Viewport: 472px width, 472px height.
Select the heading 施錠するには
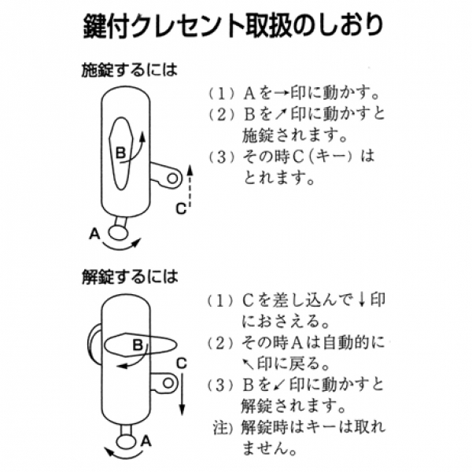click(x=129, y=70)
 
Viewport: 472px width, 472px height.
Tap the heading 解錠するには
click(x=129, y=278)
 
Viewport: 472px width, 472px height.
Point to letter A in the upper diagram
click(x=94, y=234)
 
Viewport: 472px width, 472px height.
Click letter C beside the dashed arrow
click(x=180, y=208)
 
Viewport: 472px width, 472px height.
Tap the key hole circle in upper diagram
click(x=170, y=179)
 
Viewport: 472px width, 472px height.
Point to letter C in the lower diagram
click(x=180, y=363)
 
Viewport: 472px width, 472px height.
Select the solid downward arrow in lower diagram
click(x=182, y=393)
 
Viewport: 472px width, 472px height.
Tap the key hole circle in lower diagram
click(x=167, y=383)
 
